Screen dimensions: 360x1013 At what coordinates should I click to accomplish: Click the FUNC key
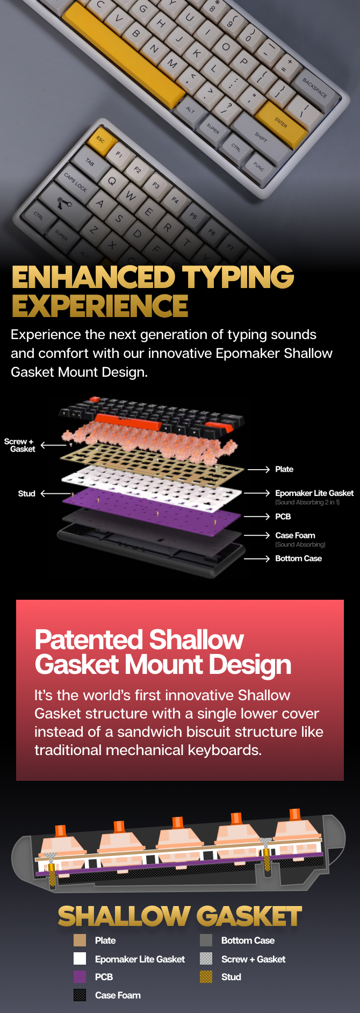(259, 168)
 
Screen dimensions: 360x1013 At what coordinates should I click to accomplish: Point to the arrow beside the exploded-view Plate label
(258, 470)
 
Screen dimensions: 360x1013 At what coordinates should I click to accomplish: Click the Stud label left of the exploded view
(26, 493)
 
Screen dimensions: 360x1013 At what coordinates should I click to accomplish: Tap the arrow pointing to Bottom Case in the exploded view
(257, 559)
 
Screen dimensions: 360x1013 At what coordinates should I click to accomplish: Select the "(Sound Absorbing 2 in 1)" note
(307, 502)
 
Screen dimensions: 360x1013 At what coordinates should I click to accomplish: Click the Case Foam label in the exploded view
(295, 535)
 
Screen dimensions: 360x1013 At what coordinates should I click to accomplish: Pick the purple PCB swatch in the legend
(80, 976)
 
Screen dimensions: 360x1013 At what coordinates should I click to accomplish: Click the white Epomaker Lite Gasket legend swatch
(80, 959)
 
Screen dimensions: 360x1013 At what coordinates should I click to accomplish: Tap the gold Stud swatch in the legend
(206, 976)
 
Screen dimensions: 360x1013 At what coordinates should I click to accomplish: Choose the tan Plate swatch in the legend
(80, 940)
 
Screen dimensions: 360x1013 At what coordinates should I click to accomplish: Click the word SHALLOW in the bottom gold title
(124, 916)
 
